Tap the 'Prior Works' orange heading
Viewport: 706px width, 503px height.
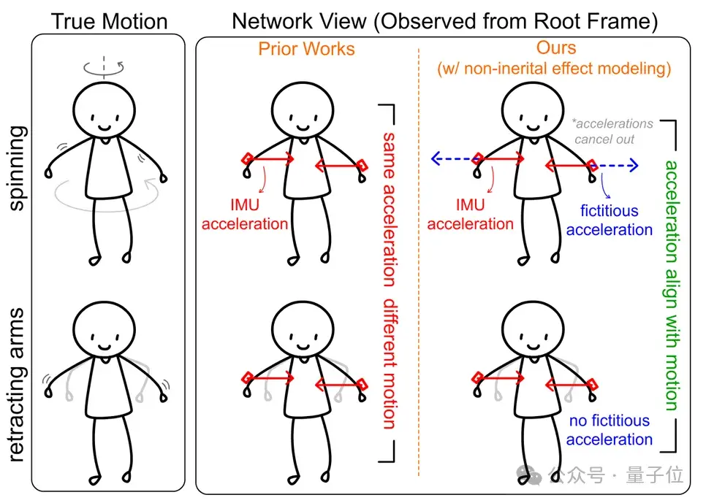[x=306, y=50]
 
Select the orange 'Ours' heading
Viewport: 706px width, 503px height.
[x=555, y=48]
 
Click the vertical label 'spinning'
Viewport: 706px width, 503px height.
[x=16, y=167]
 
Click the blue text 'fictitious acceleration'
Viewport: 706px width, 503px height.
[x=609, y=220]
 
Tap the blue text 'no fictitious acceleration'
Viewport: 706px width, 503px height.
[x=609, y=430]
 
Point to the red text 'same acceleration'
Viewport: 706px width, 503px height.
[x=390, y=209]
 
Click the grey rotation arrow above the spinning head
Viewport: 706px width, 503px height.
[x=105, y=68]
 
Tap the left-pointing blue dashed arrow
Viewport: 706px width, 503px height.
[x=453, y=157]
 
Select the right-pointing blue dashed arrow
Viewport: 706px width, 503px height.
[x=620, y=166]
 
